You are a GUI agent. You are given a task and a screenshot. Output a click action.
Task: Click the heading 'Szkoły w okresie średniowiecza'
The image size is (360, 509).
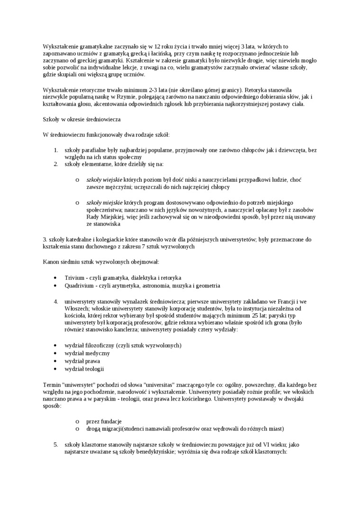click(81, 120)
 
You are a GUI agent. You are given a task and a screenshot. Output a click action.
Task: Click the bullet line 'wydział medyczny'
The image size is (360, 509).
click(87, 353)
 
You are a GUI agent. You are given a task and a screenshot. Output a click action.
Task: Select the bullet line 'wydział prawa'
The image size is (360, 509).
click(82, 361)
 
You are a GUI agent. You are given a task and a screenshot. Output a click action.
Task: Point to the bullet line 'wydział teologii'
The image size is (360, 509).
click(84, 369)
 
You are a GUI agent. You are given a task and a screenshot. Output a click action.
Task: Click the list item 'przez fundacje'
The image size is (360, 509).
click(104, 421)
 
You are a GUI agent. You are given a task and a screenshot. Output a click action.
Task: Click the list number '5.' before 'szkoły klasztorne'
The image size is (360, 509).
click(55, 445)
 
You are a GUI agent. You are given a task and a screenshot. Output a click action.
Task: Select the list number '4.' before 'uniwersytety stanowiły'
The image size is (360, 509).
click(55, 301)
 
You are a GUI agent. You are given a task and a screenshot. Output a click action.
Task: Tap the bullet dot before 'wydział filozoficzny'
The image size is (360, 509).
click(56, 345)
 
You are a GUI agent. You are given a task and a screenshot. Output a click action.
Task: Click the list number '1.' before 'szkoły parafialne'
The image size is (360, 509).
click(55, 150)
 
